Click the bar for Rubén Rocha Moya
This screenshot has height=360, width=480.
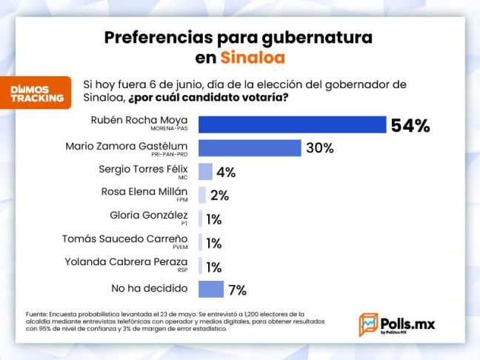click(x=292, y=124)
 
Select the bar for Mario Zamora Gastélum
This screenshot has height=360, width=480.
click(x=250, y=147)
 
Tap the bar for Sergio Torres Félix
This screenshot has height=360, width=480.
click(x=205, y=172)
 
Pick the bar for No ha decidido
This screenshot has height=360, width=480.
click(x=211, y=289)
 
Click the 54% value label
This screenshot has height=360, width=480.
click(x=410, y=125)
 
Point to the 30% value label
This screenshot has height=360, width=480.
click(x=319, y=148)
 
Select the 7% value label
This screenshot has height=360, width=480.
click(x=237, y=290)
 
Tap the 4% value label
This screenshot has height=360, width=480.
click(x=226, y=173)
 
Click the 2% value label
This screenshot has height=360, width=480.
click(x=219, y=196)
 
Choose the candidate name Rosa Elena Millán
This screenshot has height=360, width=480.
click(x=144, y=191)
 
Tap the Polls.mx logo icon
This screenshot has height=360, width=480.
click(x=367, y=324)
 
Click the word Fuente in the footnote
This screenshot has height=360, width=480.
click(x=38, y=314)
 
